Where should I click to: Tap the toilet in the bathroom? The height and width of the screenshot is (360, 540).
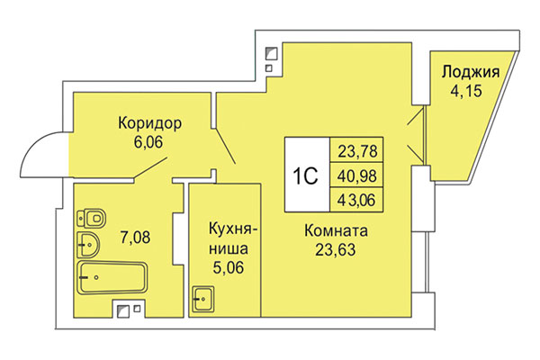click(92, 216)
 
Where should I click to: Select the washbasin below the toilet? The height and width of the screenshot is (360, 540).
click(88, 241)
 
